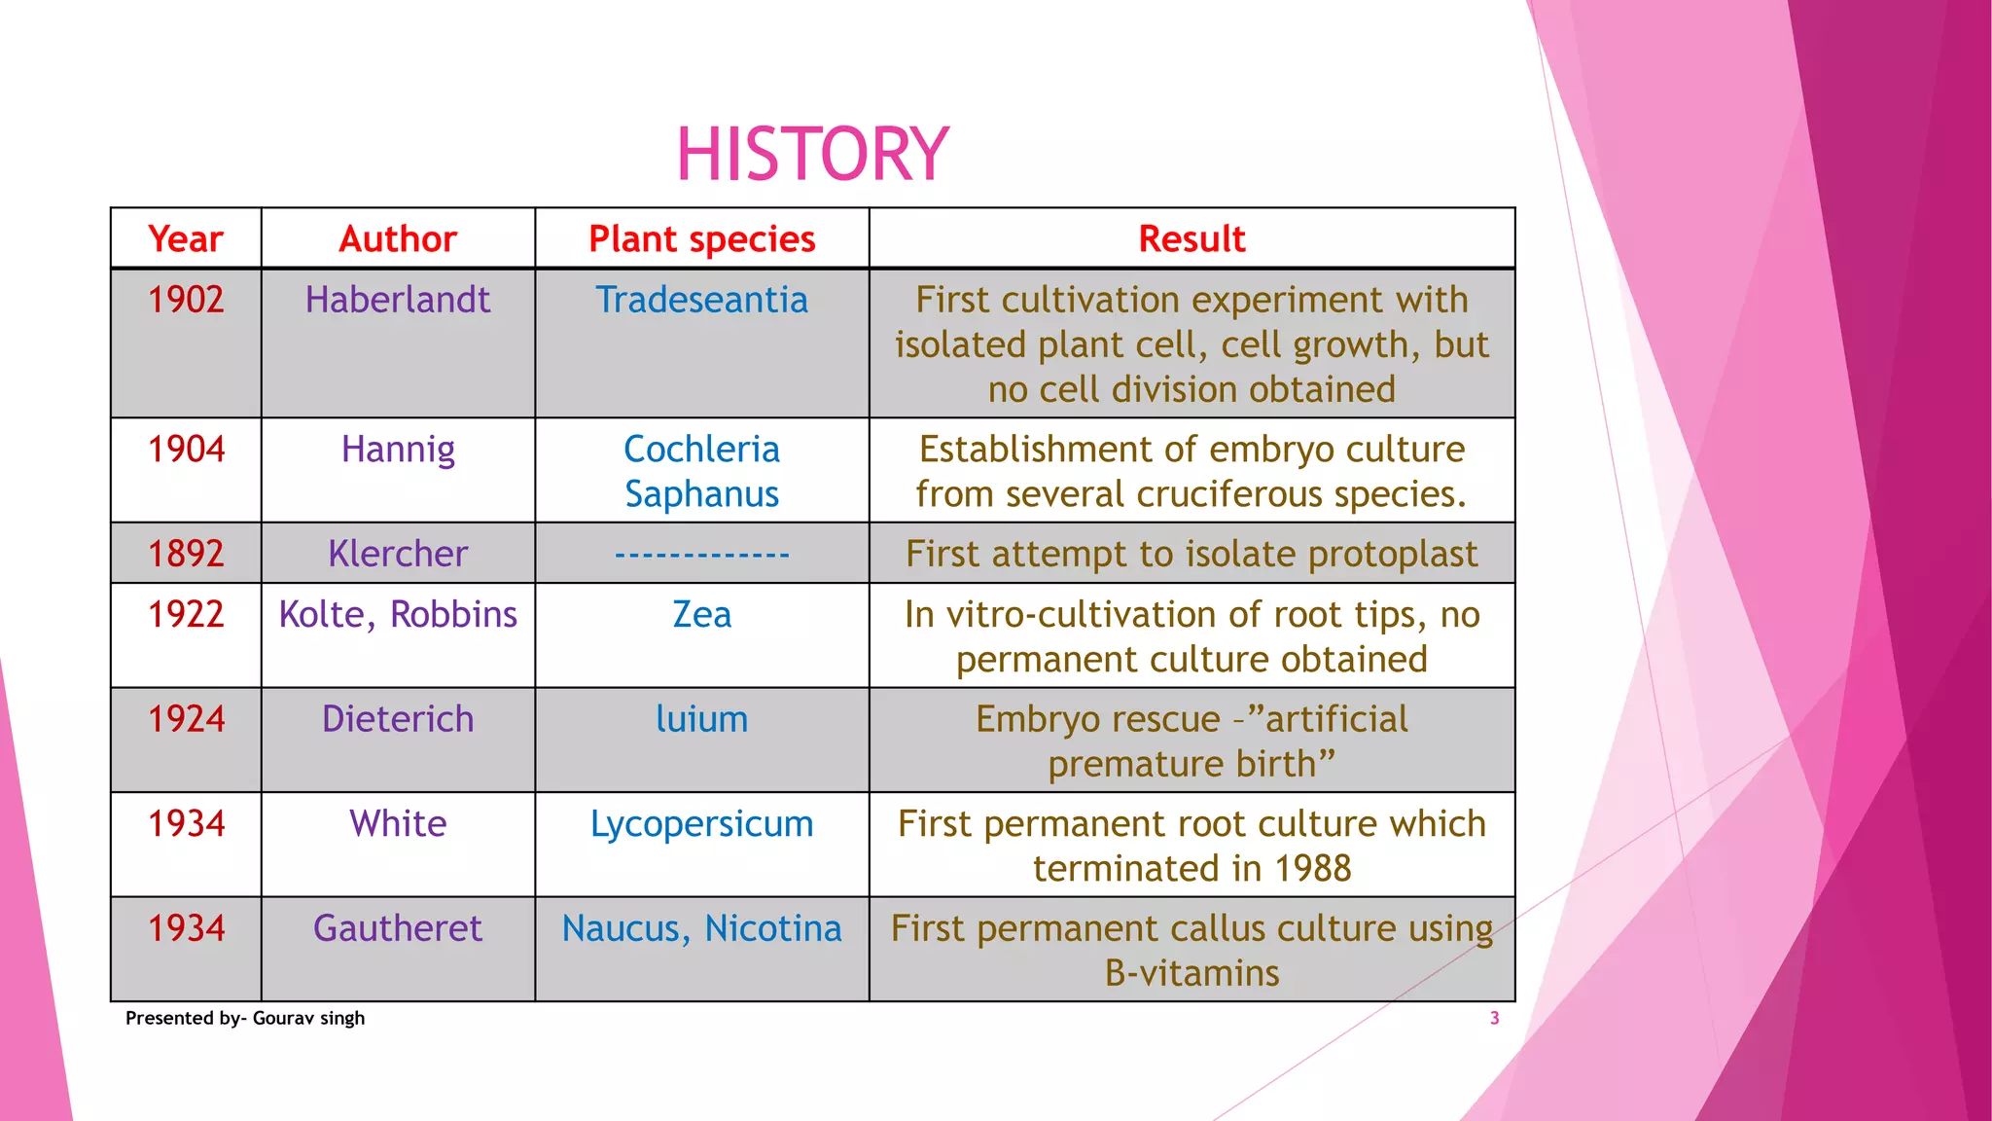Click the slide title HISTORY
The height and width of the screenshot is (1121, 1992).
[812, 154]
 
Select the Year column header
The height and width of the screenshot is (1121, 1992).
[185, 238]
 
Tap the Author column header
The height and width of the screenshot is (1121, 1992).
[398, 238]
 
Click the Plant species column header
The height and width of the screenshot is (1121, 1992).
[701, 238]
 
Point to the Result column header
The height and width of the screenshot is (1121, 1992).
[1192, 238]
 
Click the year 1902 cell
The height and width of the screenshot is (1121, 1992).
[186, 300]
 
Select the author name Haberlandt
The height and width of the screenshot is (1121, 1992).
[398, 300]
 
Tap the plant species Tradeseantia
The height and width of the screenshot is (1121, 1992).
[701, 300]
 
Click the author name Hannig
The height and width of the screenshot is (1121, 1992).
[398, 450]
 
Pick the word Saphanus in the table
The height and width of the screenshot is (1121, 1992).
[701, 494]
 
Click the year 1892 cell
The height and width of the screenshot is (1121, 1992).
[186, 554]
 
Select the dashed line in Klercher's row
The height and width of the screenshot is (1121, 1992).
[701, 555]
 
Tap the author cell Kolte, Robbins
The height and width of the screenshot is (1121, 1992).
[398, 615]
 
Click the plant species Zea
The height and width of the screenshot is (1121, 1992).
[701, 615]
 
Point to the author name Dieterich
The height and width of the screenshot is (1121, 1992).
[398, 719]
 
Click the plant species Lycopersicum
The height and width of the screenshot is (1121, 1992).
[701, 824]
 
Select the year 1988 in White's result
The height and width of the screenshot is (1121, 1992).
[1312, 869]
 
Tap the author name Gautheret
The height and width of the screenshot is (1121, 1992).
[398, 928]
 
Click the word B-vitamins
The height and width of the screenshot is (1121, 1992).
[1192, 973]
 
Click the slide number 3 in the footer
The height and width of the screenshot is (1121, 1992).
[1494, 1018]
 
